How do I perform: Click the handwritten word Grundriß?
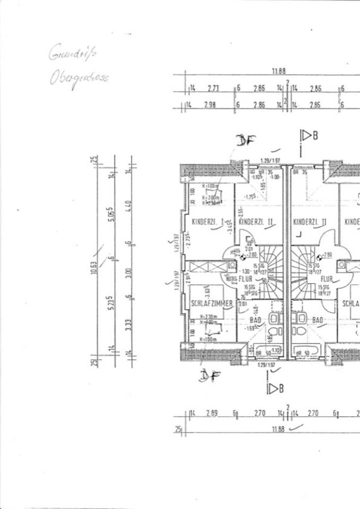tap(73, 53)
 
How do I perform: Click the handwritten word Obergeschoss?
tap(80, 78)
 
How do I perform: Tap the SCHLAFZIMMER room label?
tap(212, 303)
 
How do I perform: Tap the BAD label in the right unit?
tap(318, 320)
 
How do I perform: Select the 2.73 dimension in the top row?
tap(213, 88)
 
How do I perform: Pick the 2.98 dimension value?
tap(210, 105)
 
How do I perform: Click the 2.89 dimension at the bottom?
tap(212, 413)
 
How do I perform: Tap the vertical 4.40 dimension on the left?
tap(129, 204)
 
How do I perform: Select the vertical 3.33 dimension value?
tap(129, 322)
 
